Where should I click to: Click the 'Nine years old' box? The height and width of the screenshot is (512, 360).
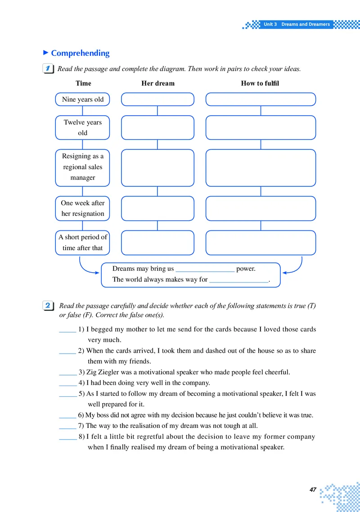pyautogui.click(x=82, y=99)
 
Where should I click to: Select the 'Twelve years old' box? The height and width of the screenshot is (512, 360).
pyautogui.click(x=82, y=128)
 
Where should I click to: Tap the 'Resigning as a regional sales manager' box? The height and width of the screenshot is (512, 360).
pyautogui.click(x=82, y=167)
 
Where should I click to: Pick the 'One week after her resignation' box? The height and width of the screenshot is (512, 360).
pyautogui.click(x=82, y=208)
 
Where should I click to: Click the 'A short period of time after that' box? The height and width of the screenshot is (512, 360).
pyautogui.click(x=82, y=243)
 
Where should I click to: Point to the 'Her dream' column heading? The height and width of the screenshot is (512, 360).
pyautogui.click(x=158, y=83)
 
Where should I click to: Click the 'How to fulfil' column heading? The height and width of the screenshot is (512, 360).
pyautogui.click(x=260, y=83)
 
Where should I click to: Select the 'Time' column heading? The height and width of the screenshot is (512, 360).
pyautogui.click(x=83, y=83)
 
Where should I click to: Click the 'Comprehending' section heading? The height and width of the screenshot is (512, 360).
pyautogui.click(x=80, y=53)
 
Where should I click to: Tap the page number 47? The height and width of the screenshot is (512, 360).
pyautogui.click(x=313, y=490)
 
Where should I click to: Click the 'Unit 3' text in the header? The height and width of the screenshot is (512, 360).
pyautogui.click(x=270, y=24)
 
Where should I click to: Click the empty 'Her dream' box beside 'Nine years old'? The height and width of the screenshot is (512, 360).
pyautogui.click(x=157, y=99)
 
